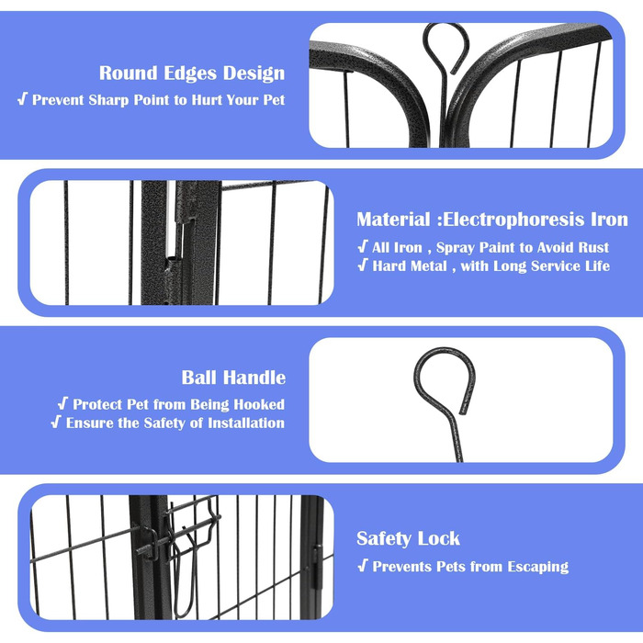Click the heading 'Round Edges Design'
coord(192,73)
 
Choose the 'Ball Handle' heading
coord(233,378)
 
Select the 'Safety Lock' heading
coord(408,538)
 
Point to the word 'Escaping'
coord(538,567)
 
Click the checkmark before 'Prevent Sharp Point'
coord(23,99)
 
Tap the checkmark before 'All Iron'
coord(363,247)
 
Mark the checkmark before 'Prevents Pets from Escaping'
coord(363,566)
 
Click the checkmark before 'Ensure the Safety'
coord(56,423)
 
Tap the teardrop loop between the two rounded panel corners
coord(424,46)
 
